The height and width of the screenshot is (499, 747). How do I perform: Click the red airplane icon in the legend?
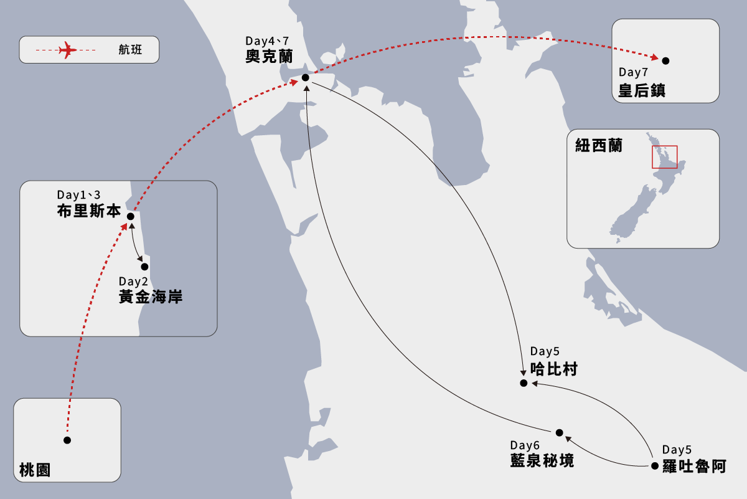click(67, 50)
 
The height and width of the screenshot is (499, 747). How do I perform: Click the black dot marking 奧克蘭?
click(306, 78)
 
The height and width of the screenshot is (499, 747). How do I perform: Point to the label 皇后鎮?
click(642, 90)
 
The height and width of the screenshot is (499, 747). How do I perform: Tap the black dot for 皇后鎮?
click(665, 61)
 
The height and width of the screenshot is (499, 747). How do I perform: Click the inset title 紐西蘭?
click(598, 146)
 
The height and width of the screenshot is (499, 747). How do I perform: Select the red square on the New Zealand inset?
click(664, 157)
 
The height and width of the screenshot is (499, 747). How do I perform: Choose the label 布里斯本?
click(88, 211)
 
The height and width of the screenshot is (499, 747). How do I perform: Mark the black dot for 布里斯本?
click(131, 217)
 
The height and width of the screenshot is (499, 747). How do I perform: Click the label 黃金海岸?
click(151, 297)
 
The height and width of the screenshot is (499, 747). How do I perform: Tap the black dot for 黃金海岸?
click(145, 267)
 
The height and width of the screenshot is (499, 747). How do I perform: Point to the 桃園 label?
click(34, 471)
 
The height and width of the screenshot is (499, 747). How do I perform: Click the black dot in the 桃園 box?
click(67, 440)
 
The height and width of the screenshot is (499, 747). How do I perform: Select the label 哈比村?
click(553, 369)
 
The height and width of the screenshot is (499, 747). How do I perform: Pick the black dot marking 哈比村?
click(524, 383)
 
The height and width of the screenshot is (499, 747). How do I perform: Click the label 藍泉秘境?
click(542, 461)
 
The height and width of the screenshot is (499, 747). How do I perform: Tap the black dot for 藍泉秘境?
click(559, 433)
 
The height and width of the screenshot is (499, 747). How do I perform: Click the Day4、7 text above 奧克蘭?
click(268, 41)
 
